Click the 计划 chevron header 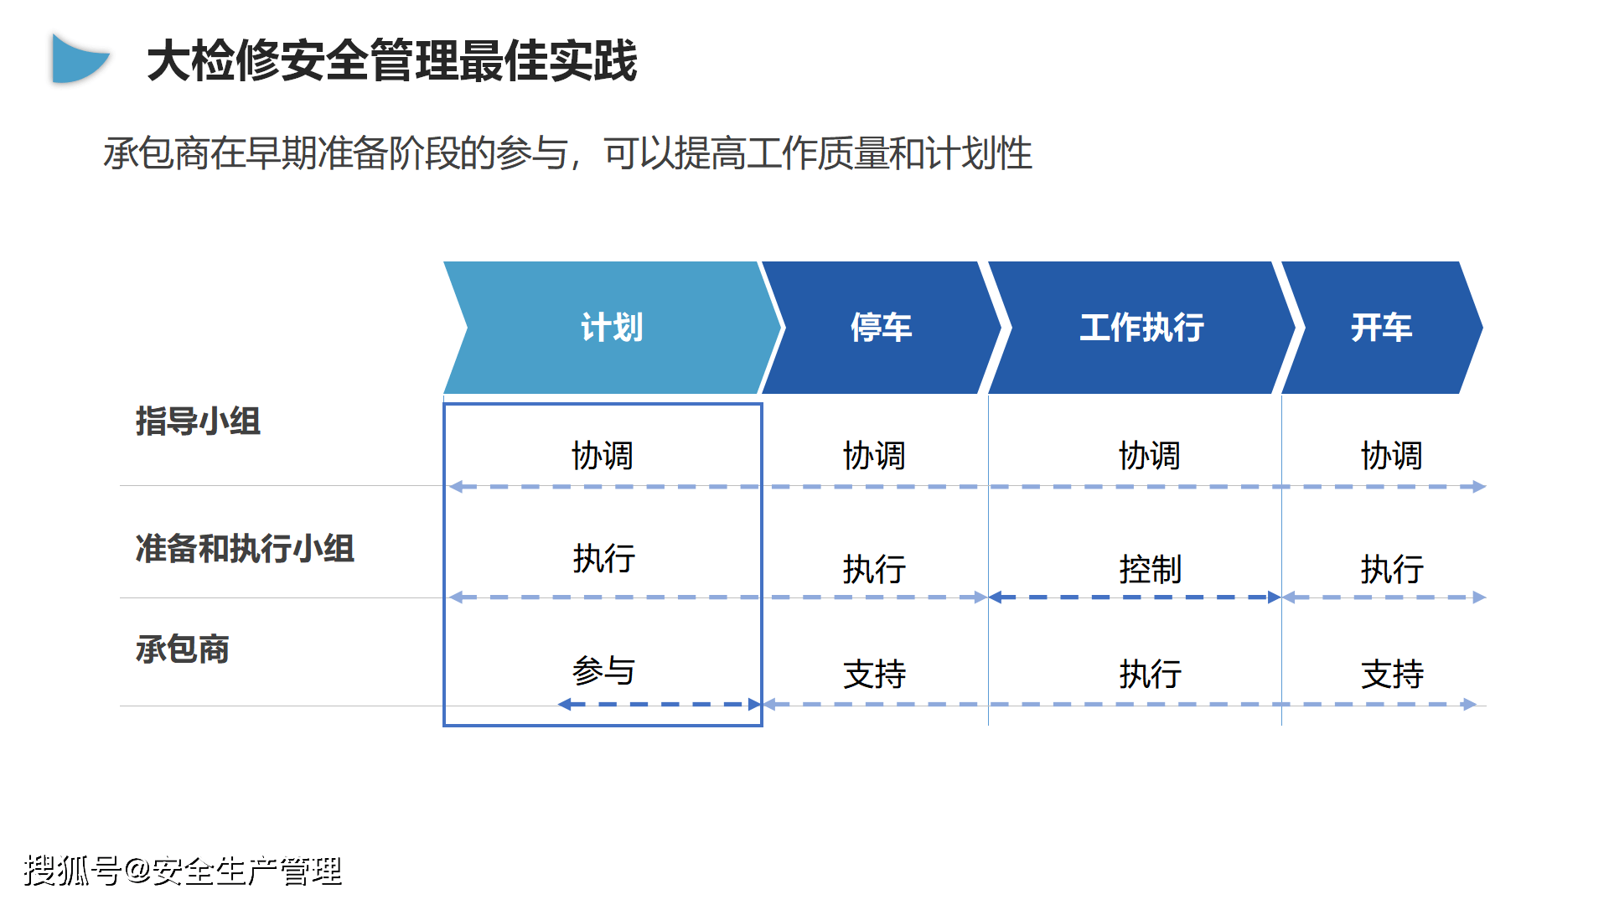point(613,328)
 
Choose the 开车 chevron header point(1382,328)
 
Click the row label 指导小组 point(198,421)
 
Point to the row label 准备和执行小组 point(245,549)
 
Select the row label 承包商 point(182,649)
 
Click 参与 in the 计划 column point(603,671)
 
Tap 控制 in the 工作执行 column point(1150,570)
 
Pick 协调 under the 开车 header point(1391,456)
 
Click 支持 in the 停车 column point(874,675)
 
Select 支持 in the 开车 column point(1391,675)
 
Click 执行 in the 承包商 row point(1150,675)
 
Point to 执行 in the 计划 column point(603,558)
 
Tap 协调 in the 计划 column point(603,456)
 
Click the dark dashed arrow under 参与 point(660,705)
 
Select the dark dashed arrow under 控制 point(1135,597)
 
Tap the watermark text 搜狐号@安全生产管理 point(183,871)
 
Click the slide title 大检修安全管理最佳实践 point(392,61)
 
